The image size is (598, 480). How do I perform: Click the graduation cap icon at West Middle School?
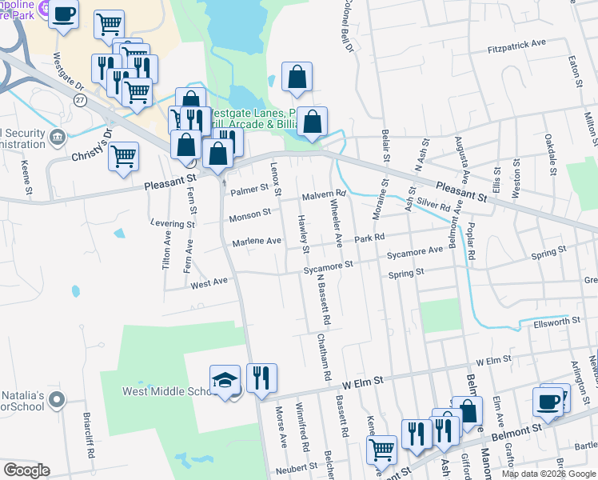(225, 379)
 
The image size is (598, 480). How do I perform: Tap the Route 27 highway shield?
(79, 99)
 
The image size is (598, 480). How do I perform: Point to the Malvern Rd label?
(323, 194)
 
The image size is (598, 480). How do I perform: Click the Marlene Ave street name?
(257, 241)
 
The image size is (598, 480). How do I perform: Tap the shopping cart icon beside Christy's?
(124, 157)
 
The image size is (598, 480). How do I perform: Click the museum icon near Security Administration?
(58, 136)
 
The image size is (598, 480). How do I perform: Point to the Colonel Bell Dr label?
(349, 28)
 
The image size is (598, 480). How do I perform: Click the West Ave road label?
(209, 282)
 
